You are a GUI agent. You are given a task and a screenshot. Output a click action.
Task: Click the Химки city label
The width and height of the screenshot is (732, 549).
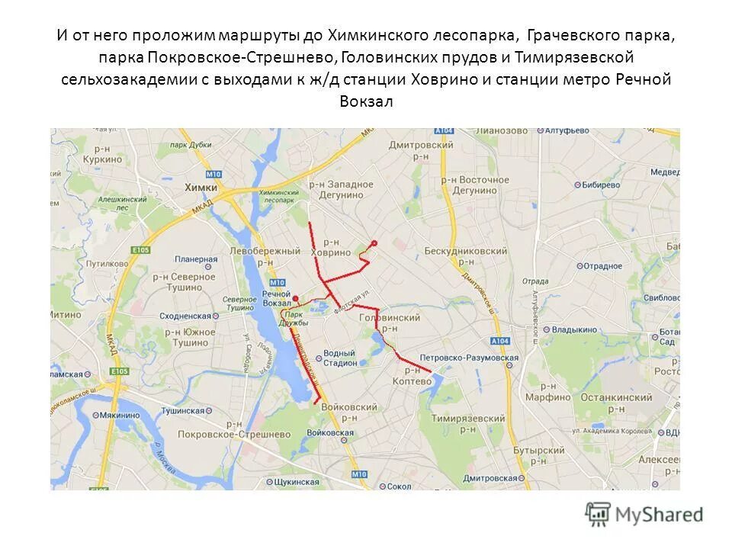coord(201,187)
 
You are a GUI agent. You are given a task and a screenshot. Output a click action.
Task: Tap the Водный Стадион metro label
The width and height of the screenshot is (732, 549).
coord(339,358)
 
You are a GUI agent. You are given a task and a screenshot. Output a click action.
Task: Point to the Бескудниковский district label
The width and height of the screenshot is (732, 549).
coord(465,251)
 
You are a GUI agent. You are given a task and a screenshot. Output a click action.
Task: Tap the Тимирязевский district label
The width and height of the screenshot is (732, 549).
coord(473,419)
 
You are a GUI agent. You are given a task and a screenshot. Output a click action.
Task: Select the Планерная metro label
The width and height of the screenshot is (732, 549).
coord(196,258)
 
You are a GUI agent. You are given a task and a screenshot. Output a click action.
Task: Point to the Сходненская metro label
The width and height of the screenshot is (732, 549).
coord(184,315)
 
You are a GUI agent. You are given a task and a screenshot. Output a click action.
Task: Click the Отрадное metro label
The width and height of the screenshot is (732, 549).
coord(603,266)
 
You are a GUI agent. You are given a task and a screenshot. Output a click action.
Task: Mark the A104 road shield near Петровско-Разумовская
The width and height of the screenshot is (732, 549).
coord(499,341)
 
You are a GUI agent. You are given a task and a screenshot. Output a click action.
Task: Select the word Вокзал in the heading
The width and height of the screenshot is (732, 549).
coord(365,101)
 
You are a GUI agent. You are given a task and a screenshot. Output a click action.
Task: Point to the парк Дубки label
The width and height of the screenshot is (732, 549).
coord(191,145)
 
